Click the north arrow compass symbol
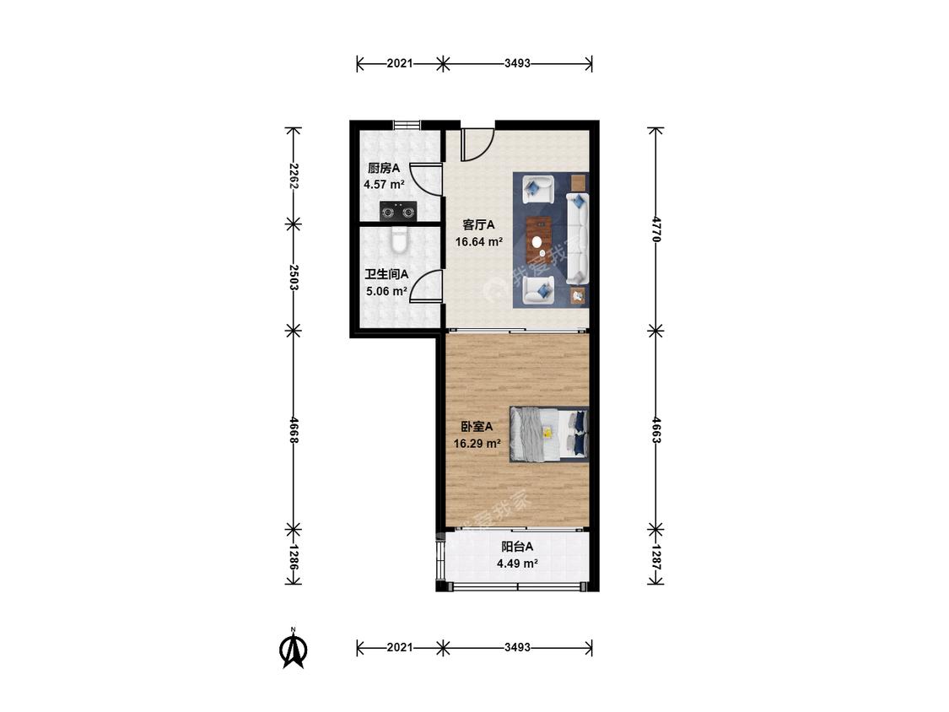293,649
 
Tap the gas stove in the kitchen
398,211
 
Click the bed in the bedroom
549,434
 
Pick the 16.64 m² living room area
479,242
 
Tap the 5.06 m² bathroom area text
386,291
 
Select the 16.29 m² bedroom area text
477,443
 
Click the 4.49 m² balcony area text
517,564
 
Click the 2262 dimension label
294,175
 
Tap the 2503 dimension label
294,278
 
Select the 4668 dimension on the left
294,430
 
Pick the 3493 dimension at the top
517,63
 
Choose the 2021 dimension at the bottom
400,648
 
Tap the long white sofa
578,238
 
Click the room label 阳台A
517,547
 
